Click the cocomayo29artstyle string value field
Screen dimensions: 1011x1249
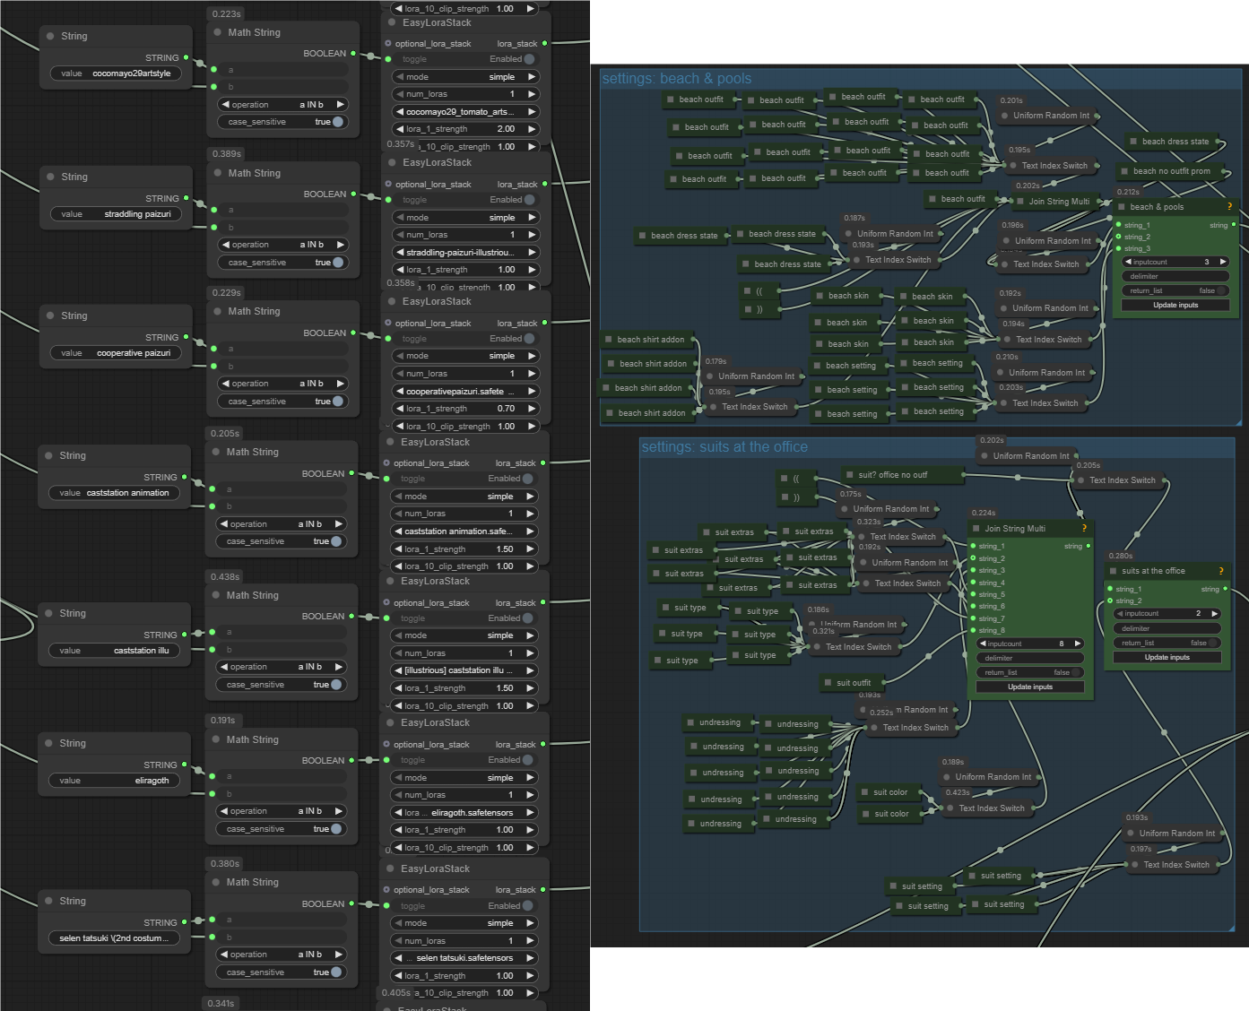pyautogui.click(x=115, y=73)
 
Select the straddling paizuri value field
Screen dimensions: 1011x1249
pyautogui.click(x=115, y=214)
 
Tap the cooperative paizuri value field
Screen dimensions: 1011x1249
pyautogui.click(x=115, y=353)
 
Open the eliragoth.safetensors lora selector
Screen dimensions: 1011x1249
pyautogui.click(x=464, y=813)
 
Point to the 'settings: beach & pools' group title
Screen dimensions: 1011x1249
pyautogui.click(x=677, y=79)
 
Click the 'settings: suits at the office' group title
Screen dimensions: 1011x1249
pyautogui.click(x=724, y=447)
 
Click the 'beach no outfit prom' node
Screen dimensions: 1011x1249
pyautogui.click(x=1171, y=171)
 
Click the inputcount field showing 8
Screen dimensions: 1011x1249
pyautogui.click(x=1030, y=644)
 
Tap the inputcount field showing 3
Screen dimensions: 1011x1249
pyautogui.click(x=1175, y=262)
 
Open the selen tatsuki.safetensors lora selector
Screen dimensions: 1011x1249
pyautogui.click(x=464, y=958)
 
